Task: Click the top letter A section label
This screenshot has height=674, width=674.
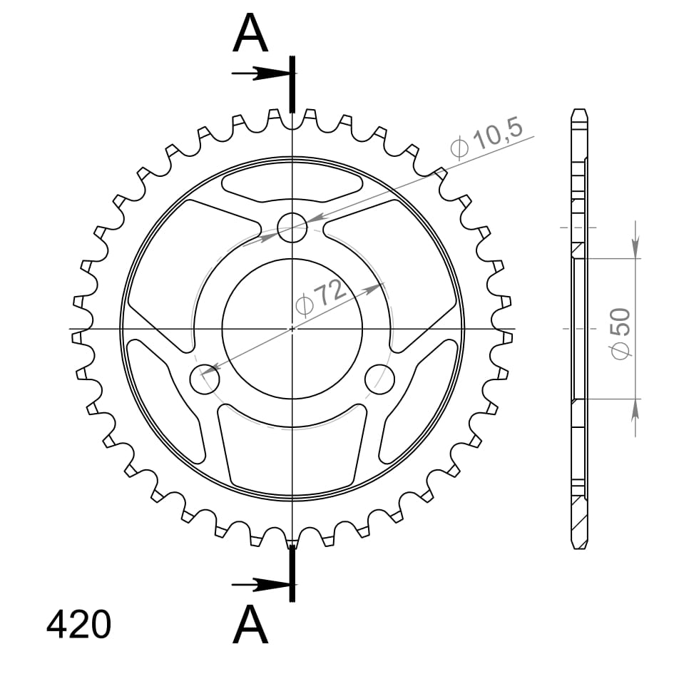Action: tap(250, 34)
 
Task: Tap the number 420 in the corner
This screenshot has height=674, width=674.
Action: tap(78, 625)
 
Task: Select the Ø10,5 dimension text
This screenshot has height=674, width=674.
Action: tap(487, 138)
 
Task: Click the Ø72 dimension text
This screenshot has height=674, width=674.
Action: tap(321, 298)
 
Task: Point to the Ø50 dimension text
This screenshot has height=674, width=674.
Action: tap(621, 332)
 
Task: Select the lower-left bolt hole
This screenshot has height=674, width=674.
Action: tap(205, 379)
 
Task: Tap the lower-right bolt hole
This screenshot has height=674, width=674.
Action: tap(379, 379)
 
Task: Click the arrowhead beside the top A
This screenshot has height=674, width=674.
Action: tap(275, 73)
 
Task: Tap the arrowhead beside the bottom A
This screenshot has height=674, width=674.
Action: tap(275, 586)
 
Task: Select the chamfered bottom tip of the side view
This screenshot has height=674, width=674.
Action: tap(581, 545)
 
